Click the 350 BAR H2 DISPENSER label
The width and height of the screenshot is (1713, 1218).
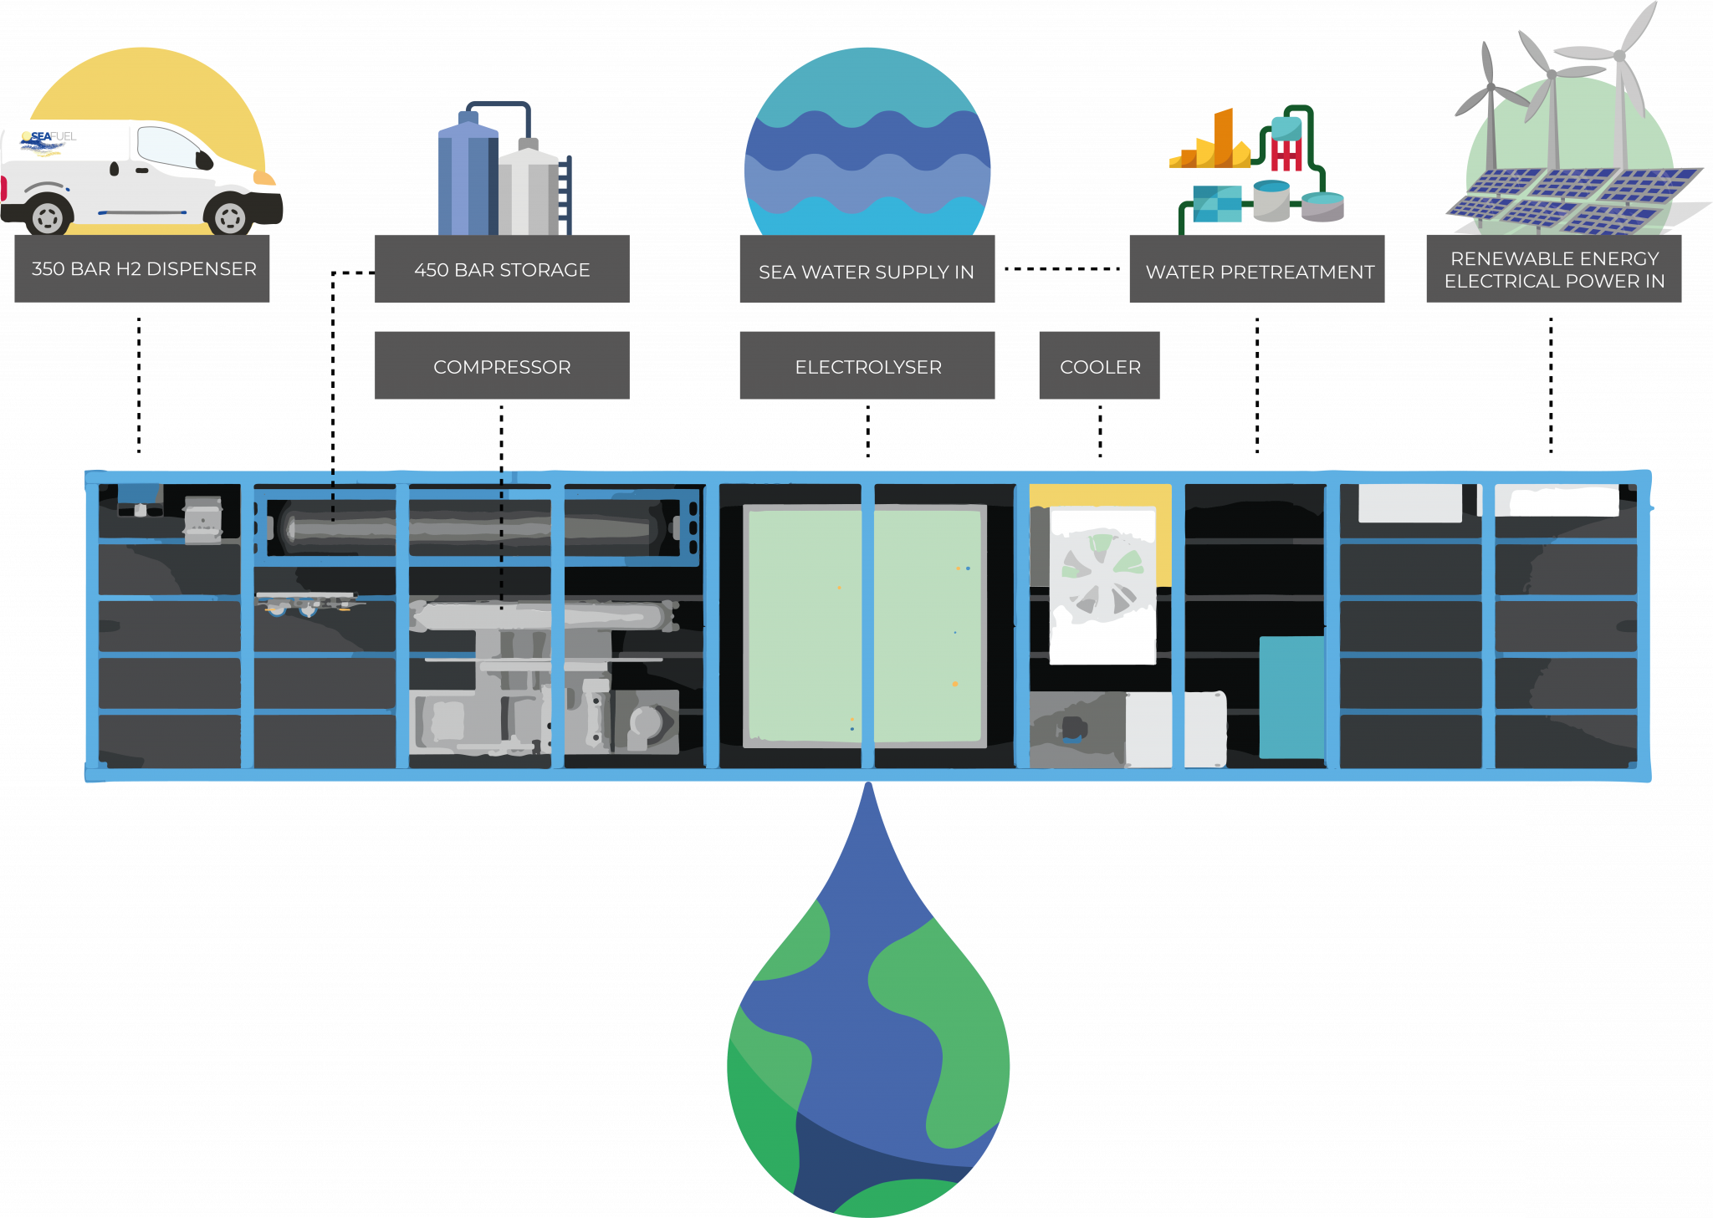(x=142, y=268)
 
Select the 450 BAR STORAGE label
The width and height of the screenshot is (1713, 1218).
(x=502, y=269)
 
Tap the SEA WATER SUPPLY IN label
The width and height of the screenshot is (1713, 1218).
(x=867, y=271)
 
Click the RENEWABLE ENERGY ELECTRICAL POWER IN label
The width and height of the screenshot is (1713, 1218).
(x=1553, y=269)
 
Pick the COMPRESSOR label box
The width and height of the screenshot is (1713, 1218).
(x=502, y=366)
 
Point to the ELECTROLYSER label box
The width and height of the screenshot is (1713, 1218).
(x=867, y=366)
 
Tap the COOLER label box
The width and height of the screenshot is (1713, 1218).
(x=1099, y=366)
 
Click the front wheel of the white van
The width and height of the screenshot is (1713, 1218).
(x=229, y=217)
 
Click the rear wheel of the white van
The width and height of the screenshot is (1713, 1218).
(x=48, y=217)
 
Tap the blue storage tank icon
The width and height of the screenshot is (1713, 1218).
(x=467, y=177)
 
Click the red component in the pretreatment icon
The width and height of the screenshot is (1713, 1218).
(x=1286, y=155)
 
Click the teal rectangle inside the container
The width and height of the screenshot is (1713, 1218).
(x=1291, y=696)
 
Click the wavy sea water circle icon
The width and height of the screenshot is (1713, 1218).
(x=867, y=146)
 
